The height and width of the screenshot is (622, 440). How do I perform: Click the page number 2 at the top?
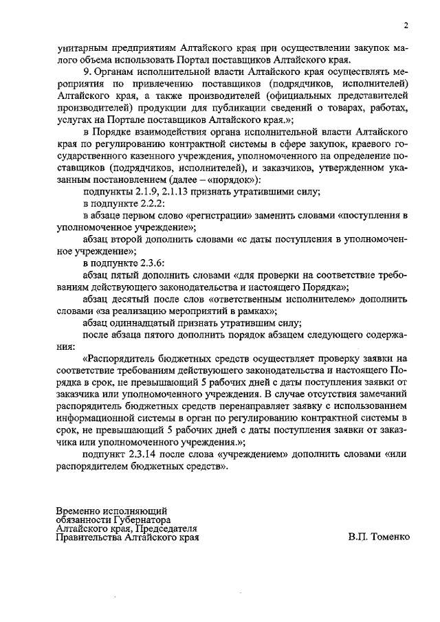pos(406,26)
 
